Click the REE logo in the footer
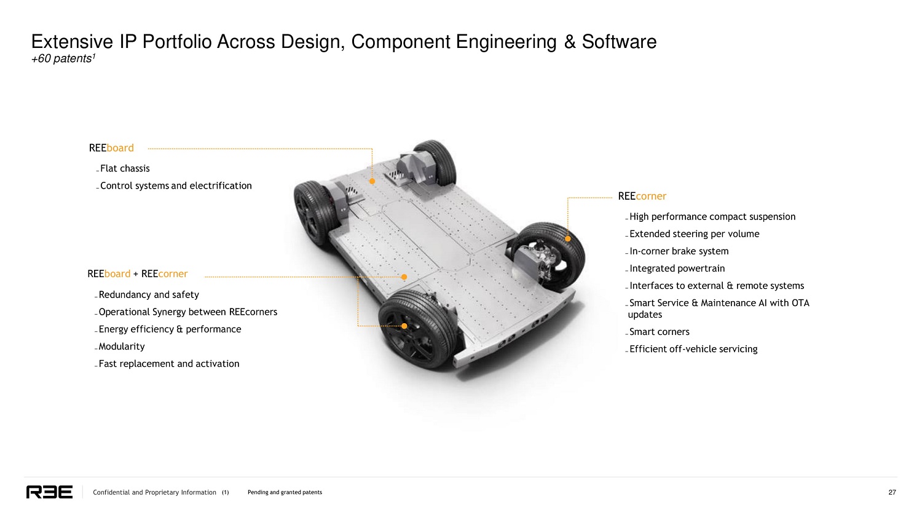coord(49,492)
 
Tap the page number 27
coord(892,492)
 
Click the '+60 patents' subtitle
coord(63,58)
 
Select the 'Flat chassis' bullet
coord(125,168)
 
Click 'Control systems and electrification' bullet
coord(176,186)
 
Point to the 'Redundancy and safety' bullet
coord(149,294)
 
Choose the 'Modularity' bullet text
coord(122,347)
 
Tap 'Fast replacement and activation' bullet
coord(169,364)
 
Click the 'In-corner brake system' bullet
coord(679,251)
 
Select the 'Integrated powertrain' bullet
coord(677,269)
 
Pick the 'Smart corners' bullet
coord(660,332)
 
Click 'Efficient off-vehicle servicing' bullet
coord(693,349)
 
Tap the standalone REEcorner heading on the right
coord(642,196)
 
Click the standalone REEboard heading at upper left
coord(111,148)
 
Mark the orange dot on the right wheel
coord(567,238)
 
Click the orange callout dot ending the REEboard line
coord(372,181)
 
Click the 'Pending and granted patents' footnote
coord(285,492)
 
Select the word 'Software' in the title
coord(619,42)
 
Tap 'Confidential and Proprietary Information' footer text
coord(154,492)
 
